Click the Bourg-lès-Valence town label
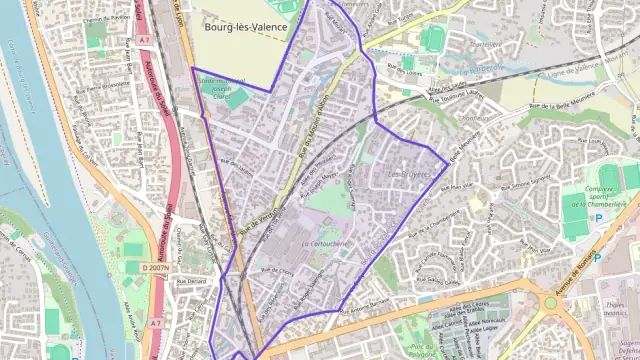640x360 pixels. point(241,29)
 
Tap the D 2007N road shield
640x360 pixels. point(156,268)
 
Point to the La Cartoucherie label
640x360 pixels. point(318,243)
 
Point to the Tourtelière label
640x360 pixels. point(485,45)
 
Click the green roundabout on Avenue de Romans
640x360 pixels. point(551,301)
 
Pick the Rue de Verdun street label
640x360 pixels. point(256,224)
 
